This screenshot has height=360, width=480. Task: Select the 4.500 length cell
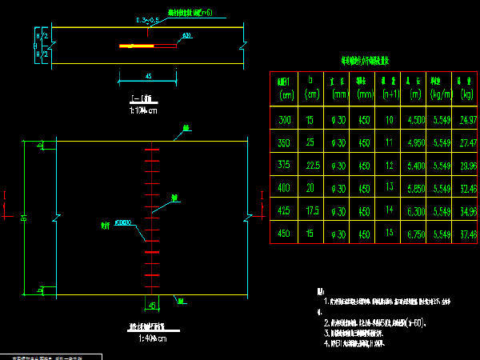[416, 121]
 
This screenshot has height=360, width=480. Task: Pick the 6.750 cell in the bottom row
[416, 234]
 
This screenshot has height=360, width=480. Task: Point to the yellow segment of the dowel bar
[136, 46]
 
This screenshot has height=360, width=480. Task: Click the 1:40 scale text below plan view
[150, 338]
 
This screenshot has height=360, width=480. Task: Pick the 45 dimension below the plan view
[152, 304]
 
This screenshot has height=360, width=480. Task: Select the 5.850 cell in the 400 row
[416, 189]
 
